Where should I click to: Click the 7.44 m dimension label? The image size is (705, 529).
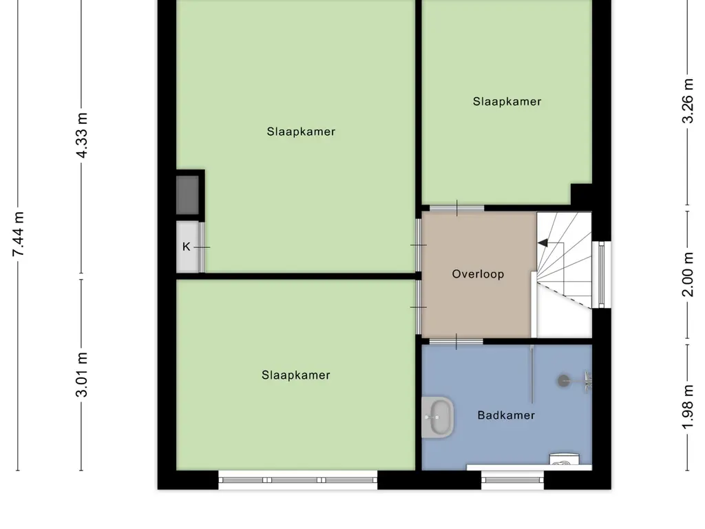[19, 235]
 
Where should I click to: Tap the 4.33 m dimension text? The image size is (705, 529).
[82, 134]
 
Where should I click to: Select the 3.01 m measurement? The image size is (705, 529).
[82, 374]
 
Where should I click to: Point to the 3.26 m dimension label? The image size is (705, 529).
[687, 101]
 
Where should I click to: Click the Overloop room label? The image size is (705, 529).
[478, 274]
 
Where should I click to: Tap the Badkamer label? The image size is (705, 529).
[506, 415]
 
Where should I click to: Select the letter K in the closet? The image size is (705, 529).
[186, 247]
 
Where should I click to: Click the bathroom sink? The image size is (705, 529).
[438, 417]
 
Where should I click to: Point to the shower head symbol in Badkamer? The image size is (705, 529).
[565, 378]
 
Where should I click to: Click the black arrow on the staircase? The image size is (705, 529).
[543, 242]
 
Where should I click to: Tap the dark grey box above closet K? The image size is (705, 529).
[188, 194]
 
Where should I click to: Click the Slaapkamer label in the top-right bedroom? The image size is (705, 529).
[507, 101]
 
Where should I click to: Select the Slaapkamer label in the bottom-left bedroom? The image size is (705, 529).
[295, 375]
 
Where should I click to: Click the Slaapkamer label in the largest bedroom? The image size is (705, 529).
[301, 132]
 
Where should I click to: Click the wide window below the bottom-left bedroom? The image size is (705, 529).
[297, 480]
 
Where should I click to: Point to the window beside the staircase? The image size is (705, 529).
[602, 274]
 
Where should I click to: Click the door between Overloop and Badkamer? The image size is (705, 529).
[456, 341]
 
